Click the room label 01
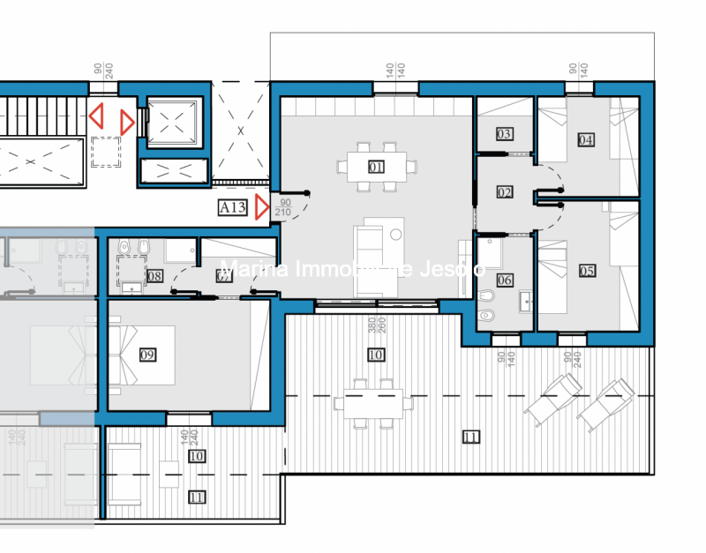pyautogui.click(x=377, y=166)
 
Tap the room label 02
pyautogui.click(x=505, y=192)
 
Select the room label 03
pyautogui.click(x=504, y=135)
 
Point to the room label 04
pyautogui.click(x=586, y=139)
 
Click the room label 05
pyautogui.click(x=587, y=271)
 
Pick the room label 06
pyautogui.click(x=505, y=280)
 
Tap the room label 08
pyautogui.click(x=155, y=276)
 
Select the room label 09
pyautogui.click(x=148, y=355)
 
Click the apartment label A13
pyautogui.click(x=232, y=207)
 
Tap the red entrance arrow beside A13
pyautogui.click(x=262, y=208)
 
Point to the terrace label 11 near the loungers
pyautogui.click(x=470, y=437)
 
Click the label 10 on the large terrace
pyautogui.click(x=376, y=355)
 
